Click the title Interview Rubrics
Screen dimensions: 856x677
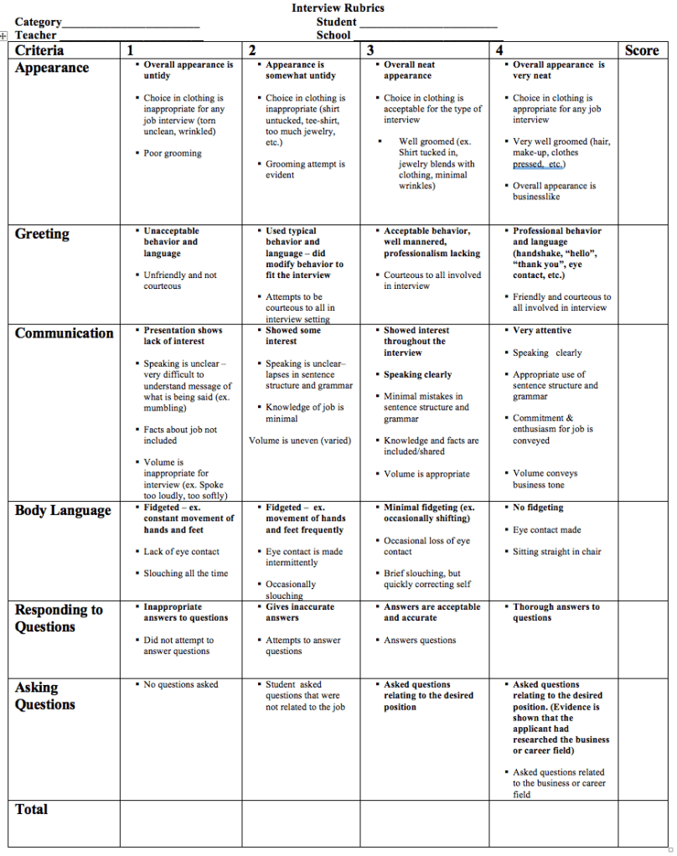(338, 8)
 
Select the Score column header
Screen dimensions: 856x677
(642, 50)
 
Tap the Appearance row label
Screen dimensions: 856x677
(52, 68)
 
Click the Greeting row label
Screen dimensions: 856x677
(42, 234)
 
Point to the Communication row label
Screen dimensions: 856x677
(65, 333)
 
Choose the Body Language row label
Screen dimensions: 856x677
(63, 511)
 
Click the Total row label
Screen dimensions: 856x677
(32, 810)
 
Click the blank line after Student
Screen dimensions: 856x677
(428, 23)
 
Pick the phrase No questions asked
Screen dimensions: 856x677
(181, 685)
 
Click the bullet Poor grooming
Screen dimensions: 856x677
(173, 153)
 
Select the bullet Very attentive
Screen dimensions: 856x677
(542, 331)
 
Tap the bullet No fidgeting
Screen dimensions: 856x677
(538, 508)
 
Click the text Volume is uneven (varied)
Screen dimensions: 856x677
(300, 441)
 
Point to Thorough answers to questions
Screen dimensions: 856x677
(556, 612)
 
